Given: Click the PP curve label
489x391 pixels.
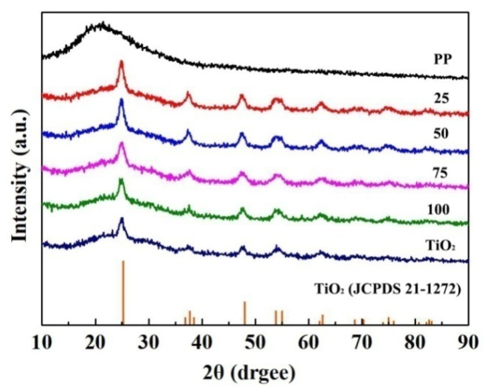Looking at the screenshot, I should pyautogui.click(x=443, y=60).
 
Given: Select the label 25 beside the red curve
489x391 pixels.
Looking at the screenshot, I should pyautogui.click(x=441, y=99).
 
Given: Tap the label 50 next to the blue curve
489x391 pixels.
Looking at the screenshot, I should pyautogui.click(x=441, y=134).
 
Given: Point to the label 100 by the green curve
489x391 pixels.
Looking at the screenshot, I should pyautogui.click(x=439, y=210).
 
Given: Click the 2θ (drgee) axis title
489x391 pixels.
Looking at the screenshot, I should pyautogui.click(x=249, y=373).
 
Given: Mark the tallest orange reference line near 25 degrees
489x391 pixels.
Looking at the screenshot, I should pyautogui.click(x=123, y=292).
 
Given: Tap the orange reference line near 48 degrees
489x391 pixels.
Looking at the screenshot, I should pyautogui.click(x=245, y=313).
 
